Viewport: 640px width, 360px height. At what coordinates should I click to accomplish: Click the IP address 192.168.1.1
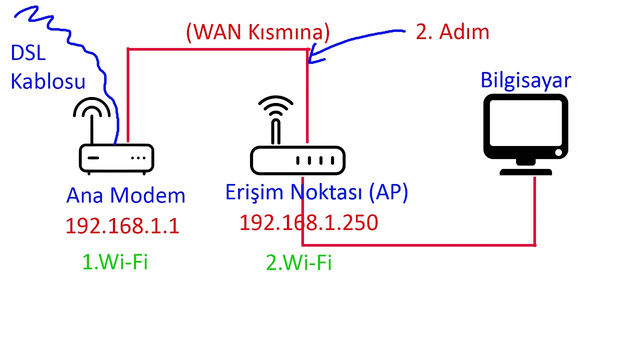click(x=122, y=226)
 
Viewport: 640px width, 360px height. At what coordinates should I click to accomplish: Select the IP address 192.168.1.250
click(x=308, y=222)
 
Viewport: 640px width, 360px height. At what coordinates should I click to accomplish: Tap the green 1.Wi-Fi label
click(x=115, y=262)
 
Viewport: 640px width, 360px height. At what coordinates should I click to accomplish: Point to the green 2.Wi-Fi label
click(x=298, y=263)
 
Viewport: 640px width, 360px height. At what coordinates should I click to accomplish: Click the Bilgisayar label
click(x=525, y=80)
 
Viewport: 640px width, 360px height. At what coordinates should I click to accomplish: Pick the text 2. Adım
click(x=452, y=32)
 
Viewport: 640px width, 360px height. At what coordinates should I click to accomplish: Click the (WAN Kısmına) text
click(x=258, y=32)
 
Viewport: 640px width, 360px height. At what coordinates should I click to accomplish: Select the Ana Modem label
click(x=125, y=195)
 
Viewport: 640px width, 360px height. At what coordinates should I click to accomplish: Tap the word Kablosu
click(x=48, y=81)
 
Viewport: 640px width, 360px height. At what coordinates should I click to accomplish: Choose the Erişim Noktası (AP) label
click(x=316, y=192)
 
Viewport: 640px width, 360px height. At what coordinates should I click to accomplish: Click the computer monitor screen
click(x=525, y=122)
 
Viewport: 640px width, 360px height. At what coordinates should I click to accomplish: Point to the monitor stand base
click(x=525, y=171)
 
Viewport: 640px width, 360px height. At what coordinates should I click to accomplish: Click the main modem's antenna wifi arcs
click(x=92, y=107)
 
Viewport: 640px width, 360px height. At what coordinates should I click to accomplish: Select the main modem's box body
click(x=116, y=158)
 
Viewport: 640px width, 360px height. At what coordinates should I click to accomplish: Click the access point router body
click(x=297, y=160)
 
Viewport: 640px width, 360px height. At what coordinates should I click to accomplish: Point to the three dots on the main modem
click(x=138, y=158)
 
